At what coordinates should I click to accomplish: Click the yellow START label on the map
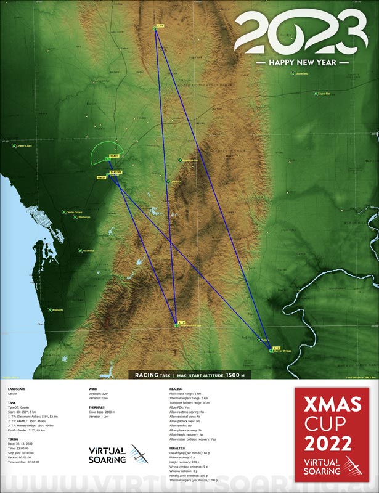(114, 157)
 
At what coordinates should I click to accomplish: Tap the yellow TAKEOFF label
(116, 172)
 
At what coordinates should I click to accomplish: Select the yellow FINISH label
(102, 177)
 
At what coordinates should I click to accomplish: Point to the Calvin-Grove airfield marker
(64, 212)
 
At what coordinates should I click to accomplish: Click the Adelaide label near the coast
(57, 309)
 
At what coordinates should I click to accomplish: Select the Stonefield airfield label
(301, 74)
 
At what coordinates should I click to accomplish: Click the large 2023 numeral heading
(303, 35)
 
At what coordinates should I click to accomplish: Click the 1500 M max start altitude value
(235, 374)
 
